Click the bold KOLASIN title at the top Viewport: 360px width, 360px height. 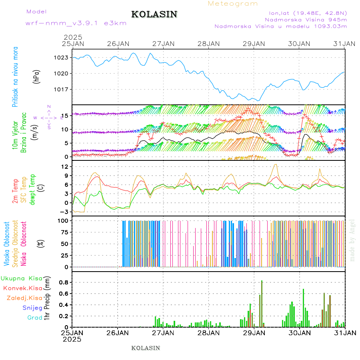[x=154, y=14]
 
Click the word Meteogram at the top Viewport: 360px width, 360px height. [x=233, y=4]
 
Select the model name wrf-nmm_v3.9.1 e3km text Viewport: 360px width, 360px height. [x=76, y=23]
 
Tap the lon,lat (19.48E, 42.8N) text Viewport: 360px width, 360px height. [x=308, y=12]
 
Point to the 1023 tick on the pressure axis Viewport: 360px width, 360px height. [x=61, y=58]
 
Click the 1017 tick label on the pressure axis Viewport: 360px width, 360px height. [x=61, y=89]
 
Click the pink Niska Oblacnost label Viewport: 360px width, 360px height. [x=24, y=245]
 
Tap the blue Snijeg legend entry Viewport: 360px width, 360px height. [x=32, y=308]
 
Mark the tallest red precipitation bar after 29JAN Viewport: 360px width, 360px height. [x=262, y=304]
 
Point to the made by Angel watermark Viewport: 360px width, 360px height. [x=352, y=240]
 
